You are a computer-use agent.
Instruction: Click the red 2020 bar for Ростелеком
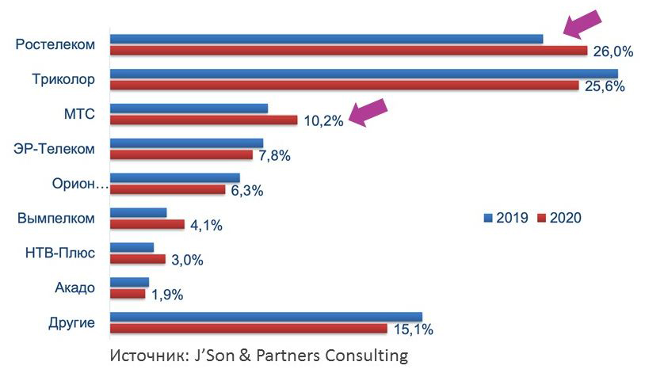click(348, 51)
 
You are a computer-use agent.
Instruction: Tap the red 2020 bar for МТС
click(203, 120)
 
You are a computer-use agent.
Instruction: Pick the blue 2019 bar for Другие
click(265, 317)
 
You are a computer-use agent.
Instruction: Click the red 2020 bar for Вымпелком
click(147, 224)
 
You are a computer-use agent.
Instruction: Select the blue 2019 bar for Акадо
click(129, 282)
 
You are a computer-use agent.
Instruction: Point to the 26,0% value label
click(613, 52)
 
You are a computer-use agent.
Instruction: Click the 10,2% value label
click(323, 121)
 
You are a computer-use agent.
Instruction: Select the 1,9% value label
click(166, 295)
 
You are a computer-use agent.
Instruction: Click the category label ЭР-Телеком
click(55, 148)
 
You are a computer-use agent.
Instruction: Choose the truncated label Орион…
click(78, 184)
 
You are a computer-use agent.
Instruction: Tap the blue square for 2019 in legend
click(488, 219)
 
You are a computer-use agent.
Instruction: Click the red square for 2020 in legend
click(542, 219)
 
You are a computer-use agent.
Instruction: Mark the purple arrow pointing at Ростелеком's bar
click(582, 23)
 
